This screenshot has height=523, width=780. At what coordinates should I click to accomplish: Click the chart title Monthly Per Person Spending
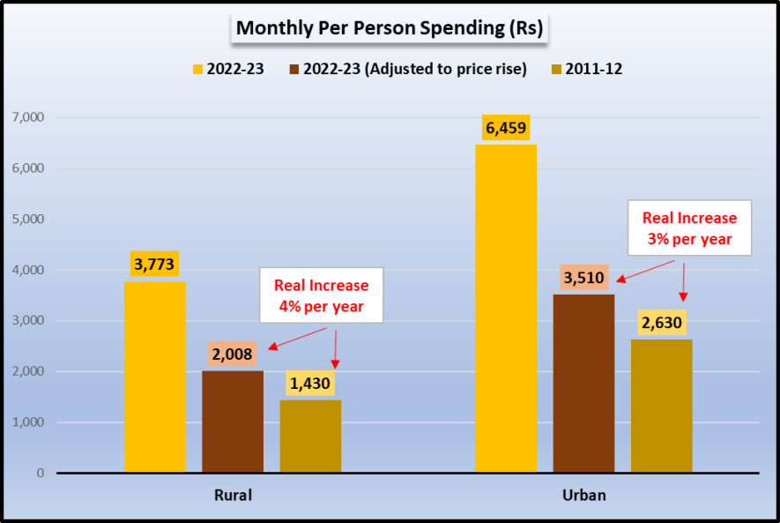point(390,28)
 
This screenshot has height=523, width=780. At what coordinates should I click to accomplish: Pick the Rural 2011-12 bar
point(310,436)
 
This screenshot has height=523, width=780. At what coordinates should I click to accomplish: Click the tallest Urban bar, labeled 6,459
point(506,309)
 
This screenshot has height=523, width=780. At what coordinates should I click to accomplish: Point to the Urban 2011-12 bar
point(661,406)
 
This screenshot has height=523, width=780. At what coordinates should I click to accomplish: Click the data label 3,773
point(155,263)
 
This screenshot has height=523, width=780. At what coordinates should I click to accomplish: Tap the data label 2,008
point(233,355)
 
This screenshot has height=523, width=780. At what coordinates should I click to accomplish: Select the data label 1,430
point(310,384)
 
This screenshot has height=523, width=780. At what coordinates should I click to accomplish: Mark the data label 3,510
point(583,279)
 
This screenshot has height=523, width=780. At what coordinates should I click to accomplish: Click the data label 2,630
point(661,323)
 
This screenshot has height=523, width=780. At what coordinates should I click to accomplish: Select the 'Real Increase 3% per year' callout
point(688,228)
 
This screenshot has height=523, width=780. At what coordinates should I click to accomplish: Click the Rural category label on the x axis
point(233,495)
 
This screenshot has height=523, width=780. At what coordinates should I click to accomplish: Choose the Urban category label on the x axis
point(583,495)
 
